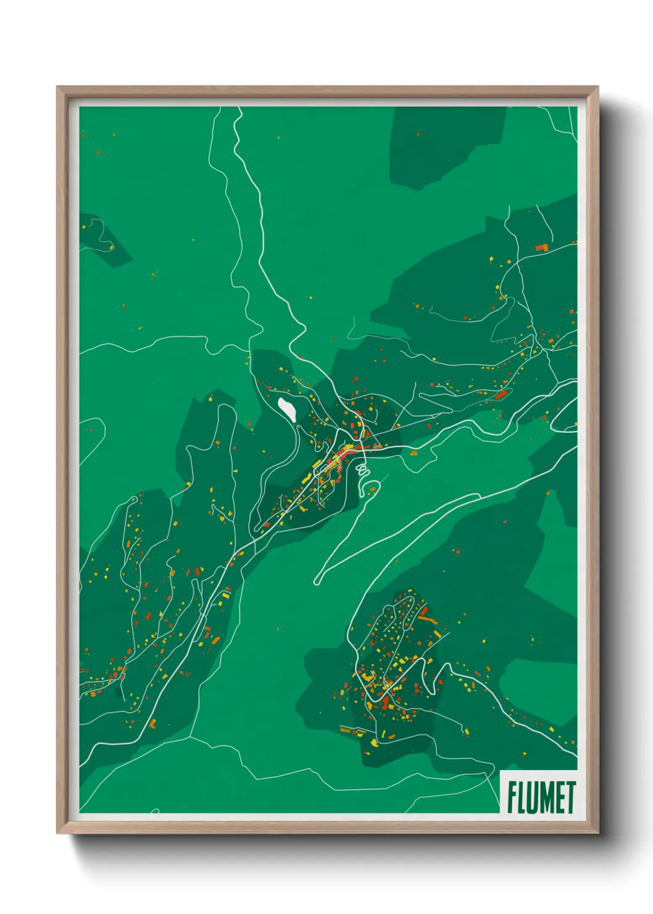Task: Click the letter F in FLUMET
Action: (x=512, y=797)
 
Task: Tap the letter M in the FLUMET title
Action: (x=546, y=797)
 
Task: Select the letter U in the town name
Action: (x=533, y=797)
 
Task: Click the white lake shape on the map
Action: (x=286, y=409)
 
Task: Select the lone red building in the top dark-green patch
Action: (x=418, y=133)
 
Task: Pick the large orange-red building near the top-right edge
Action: (x=541, y=248)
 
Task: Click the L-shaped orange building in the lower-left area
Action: (x=152, y=723)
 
